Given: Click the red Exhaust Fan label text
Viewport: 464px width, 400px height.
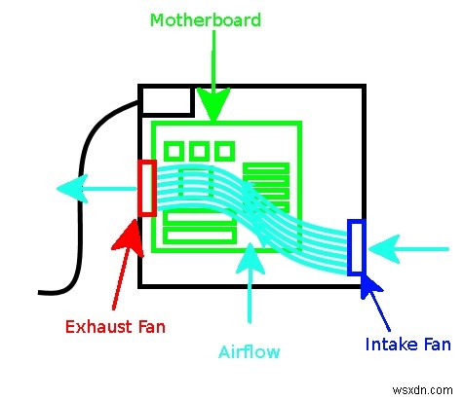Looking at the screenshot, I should click(115, 327).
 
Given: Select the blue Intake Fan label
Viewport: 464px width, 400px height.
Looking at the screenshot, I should click(406, 344).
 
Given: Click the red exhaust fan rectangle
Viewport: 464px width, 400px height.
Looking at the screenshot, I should click(147, 187).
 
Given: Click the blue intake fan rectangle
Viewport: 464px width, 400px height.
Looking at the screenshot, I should click(356, 247).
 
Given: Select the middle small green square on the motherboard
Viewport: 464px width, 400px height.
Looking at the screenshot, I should click(199, 151).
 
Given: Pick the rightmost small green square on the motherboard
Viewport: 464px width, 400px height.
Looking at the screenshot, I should click(224, 151).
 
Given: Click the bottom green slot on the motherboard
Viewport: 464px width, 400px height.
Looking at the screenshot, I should click(201, 236).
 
